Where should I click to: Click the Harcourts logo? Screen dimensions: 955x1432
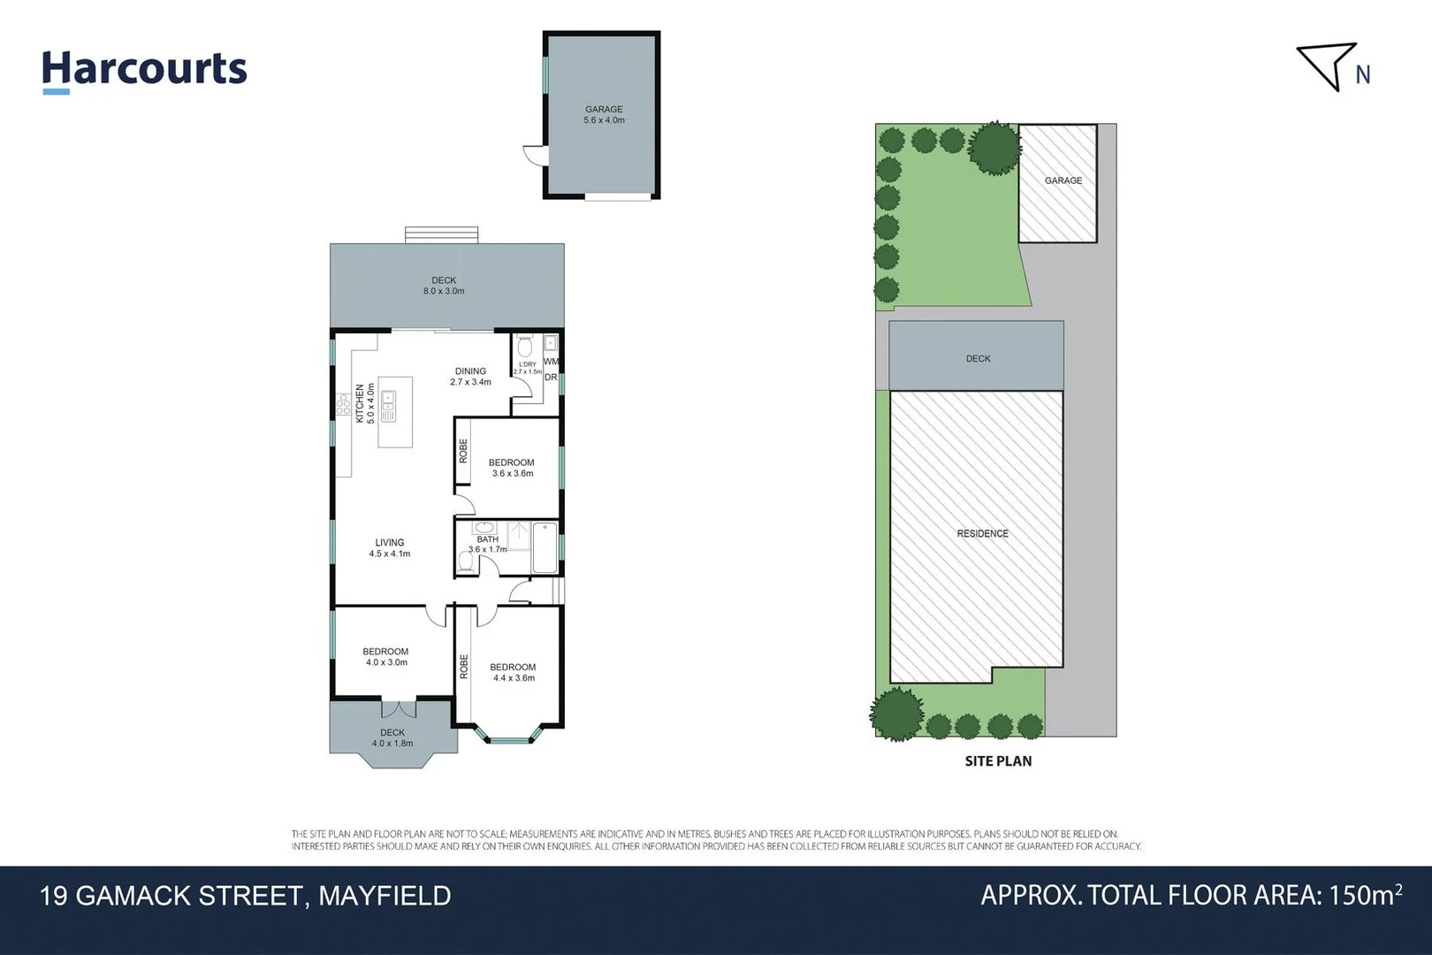pos(144,70)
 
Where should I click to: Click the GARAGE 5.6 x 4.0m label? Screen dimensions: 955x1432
pos(604,115)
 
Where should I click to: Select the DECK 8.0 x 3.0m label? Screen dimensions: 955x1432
pos(444,286)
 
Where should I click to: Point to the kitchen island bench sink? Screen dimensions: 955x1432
pos(388,408)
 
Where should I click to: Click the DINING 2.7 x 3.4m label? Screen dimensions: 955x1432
pos(470,377)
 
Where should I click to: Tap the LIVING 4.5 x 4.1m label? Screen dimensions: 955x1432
pos(390,548)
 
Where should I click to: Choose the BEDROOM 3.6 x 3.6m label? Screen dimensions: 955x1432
pos(512,468)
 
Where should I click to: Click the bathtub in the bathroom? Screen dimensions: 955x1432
pos(545,548)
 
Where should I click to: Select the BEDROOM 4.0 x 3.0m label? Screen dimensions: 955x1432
pos(386,657)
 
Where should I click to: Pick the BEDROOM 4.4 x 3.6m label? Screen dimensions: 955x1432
pos(513,673)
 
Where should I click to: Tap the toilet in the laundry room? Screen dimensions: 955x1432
pos(525,346)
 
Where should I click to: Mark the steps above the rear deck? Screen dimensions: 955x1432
pos(442,235)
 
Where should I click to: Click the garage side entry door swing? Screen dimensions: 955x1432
pos(536,155)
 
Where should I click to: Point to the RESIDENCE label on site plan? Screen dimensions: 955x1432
pos(982,533)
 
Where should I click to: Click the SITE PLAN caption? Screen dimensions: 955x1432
pos(998,761)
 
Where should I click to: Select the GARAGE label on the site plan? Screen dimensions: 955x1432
pos(1063,180)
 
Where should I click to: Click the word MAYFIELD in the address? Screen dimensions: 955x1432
pos(385,896)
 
